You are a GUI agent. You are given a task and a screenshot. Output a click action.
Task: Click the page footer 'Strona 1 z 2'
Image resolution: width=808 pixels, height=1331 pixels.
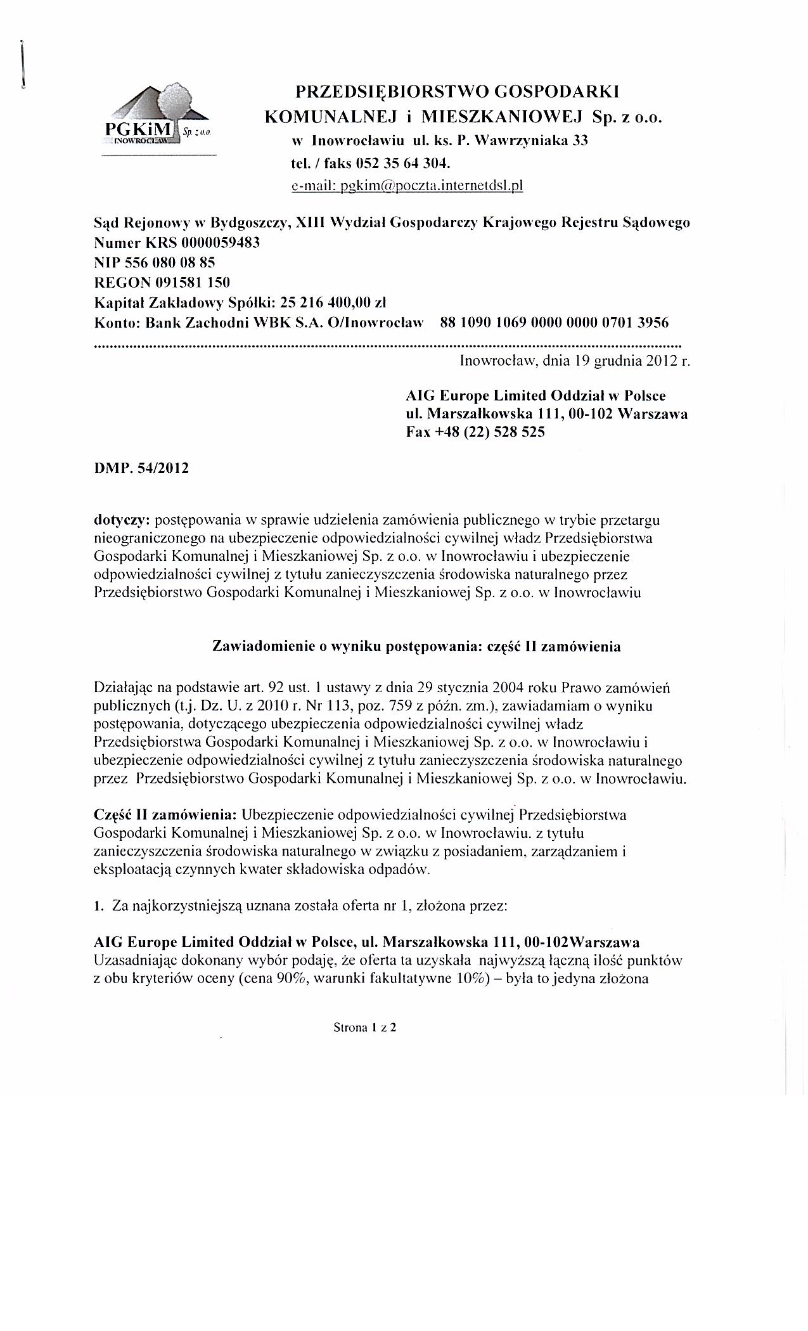(x=364, y=1028)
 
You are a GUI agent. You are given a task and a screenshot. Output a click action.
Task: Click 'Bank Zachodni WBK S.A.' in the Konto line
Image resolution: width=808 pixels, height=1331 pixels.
(x=233, y=322)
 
